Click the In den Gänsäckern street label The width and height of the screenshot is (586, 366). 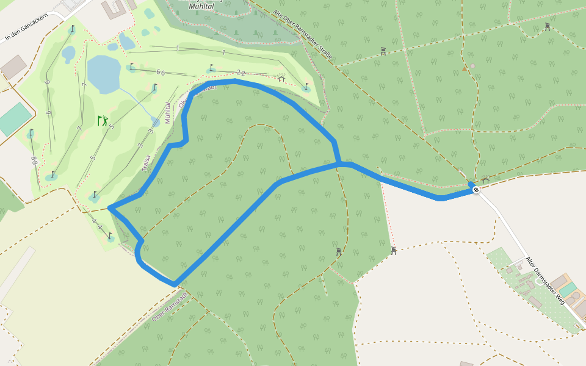pos(24,28)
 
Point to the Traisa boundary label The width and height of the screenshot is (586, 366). pos(147,163)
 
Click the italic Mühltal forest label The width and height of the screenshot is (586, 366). pos(202,5)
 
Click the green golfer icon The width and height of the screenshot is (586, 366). pos(103,121)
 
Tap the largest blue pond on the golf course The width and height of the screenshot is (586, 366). pos(103,74)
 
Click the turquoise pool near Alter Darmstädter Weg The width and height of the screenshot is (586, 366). pos(568,288)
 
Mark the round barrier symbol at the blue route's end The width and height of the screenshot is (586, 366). pos(476,190)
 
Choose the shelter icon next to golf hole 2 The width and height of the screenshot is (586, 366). pos(281,79)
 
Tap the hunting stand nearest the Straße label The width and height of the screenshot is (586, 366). pos(383,51)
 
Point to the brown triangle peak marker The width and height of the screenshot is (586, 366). pos(465,68)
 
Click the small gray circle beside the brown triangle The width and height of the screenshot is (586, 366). pos(472,65)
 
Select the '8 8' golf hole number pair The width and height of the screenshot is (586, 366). pos(34,161)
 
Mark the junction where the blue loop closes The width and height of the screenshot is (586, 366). pos(338,163)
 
